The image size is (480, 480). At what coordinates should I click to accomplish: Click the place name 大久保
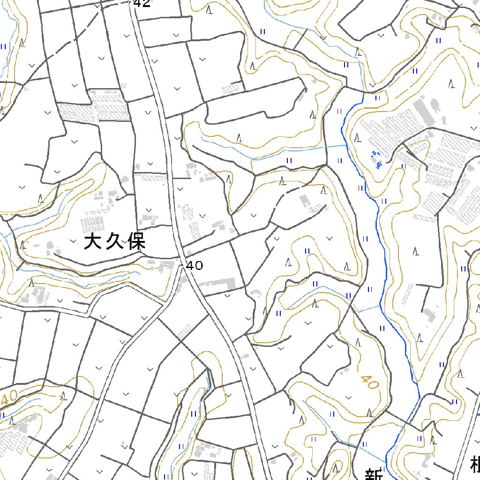pyautogui.click(x=115, y=242)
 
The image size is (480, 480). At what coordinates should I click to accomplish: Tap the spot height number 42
pyautogui.click(x=142, y=4)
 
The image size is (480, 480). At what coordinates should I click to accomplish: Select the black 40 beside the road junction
pyautogui.click(x=195, y=266)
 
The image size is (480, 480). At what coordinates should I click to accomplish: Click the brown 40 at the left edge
pyautogui.click(x=9, y=398)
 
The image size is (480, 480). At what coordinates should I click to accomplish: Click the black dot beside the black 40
pyautogui.click(x=182, y=265)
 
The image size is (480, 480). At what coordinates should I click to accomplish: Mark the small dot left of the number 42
pyautogui.click(x=129, y=2)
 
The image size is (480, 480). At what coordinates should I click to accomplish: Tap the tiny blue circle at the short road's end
pyautogui.click(x=100, y=120)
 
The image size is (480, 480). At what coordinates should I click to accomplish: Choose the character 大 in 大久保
pyautogui.click(x=93, y=242)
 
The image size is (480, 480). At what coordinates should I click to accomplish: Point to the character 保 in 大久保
pyautogui.click(x=137, y=242)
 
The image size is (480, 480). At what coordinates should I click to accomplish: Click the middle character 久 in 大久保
pyautogui.click(x=115, y=242)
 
